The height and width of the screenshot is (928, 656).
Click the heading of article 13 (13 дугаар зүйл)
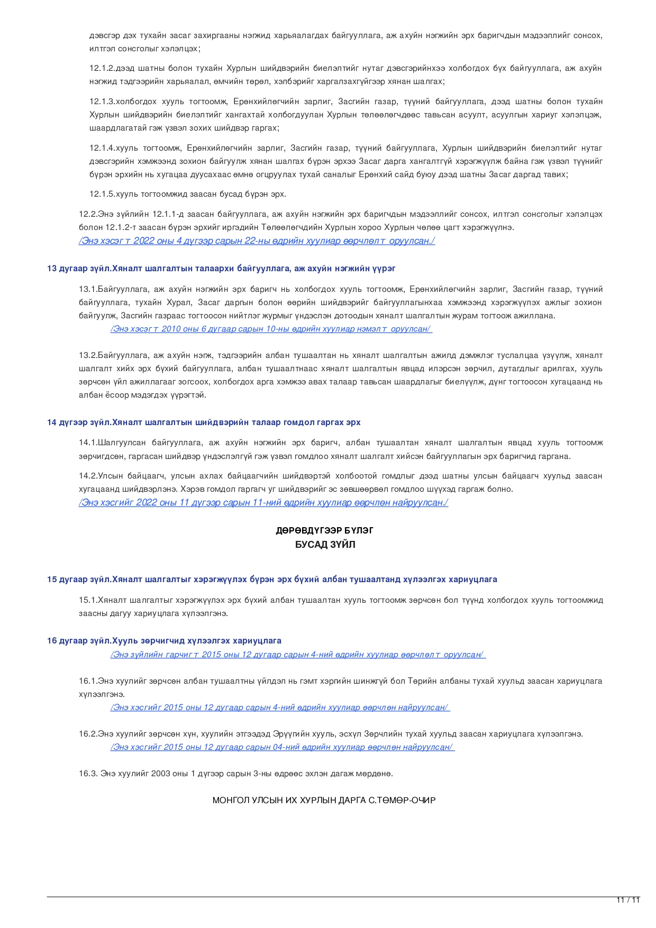coord(221,269)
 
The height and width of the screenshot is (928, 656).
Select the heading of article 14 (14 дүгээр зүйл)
coord(204,422)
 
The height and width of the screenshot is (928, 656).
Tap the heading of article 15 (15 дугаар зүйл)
coord(272,580)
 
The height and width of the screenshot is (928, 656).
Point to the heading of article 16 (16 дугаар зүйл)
coord(164,641)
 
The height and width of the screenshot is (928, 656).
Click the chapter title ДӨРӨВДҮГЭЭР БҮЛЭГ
coord(324,531)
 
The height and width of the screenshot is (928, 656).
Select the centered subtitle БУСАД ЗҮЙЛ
coord(325,545)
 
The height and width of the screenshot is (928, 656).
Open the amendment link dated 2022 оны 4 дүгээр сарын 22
coord(257,241)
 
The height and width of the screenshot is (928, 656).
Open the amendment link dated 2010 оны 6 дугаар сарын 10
coord(271,329)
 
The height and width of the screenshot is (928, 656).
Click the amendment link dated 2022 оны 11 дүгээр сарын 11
coord(263,503)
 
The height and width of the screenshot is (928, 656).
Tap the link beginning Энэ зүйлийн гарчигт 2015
coord(298,655)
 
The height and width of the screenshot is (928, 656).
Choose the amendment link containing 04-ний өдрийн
coord(282,747)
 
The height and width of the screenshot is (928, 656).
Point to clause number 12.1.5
coord(102,194)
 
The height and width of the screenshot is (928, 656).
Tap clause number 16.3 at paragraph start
coord(88,774)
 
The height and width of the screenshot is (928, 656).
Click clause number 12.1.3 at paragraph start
coord(102,102)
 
